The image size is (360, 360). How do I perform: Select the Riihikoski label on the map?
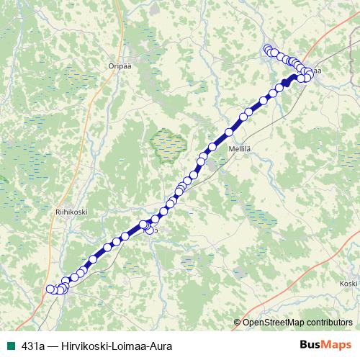[x=71, y=212]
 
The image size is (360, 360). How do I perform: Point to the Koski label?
[x=348, y=284]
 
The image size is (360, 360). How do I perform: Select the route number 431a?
[x=33, y=346]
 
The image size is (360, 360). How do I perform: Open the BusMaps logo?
[x=325, y=345]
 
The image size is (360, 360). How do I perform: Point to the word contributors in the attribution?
[x=328, y=323]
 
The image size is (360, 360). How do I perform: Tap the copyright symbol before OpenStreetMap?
[x=237, y=323]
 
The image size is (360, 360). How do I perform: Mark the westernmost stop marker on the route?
[x=50, y=289]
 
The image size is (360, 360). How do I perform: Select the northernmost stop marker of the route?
[x=267, y=49]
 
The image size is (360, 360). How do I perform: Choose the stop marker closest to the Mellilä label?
[x=230, y=132]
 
